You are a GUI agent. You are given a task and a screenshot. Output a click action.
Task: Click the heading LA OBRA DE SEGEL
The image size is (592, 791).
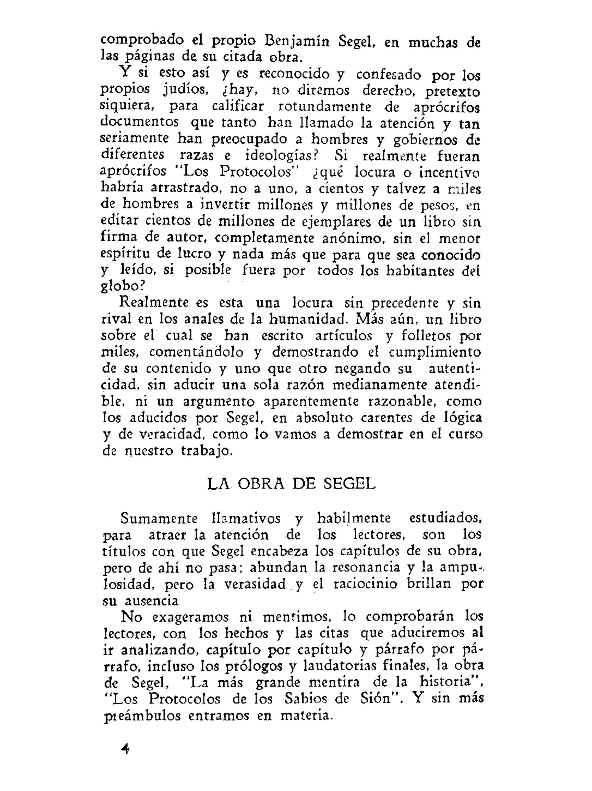291,484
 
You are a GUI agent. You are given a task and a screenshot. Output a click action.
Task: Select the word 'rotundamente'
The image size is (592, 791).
324,106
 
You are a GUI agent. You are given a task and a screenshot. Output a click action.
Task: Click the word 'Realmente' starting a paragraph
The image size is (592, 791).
154,303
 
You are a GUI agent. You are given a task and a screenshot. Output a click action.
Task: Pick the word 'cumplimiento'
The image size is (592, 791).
434,352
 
